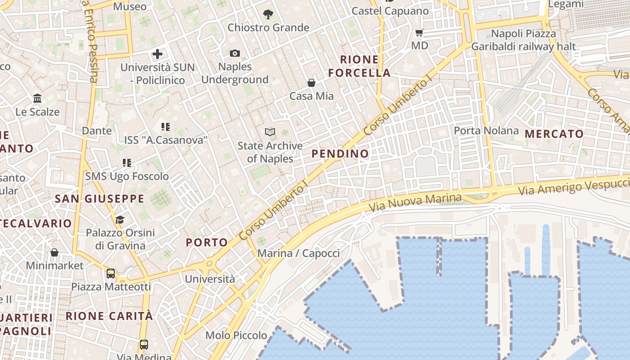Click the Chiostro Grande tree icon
click(x=268, y=14)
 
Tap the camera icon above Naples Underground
click(x=234, y=54)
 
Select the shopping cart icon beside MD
click(x=419, y=32)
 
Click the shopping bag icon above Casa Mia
click(x=311, y=83)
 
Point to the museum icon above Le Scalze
click(x=37, y=99)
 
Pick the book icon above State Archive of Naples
click(x=270, y=132)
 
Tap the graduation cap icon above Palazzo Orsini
click(x=120, y=220)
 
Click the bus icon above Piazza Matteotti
click(x=110, y=273)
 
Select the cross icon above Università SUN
click(x=157, y=54)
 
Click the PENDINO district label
click(x=340, y=153)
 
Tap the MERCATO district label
click(x=554, y=134)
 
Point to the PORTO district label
click(x=207, y=243)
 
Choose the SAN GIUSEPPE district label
click(x=99, y=198)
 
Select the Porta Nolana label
click(x=486, y=130)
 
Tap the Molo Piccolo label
click(x=236, y=335)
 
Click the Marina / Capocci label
click(x=298, y=253)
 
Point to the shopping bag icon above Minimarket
click(x=54, y=252)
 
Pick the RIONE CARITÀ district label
click(x=109, y=316)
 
